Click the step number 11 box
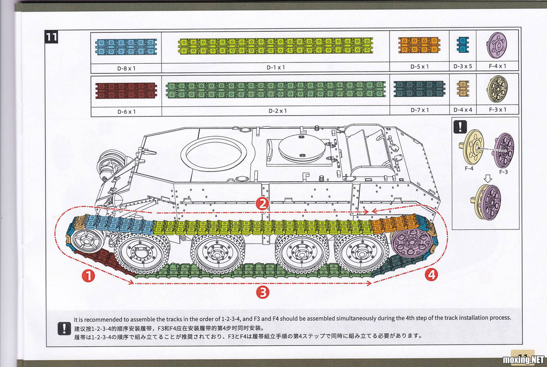point(51,37)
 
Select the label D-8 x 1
point(126,67)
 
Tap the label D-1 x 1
point(276,67)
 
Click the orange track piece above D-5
point(419,46)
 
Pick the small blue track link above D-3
point(462,45)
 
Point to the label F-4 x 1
point(497,66)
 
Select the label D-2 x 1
point(277,111)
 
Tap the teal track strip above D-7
point(419,89)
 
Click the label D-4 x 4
point(463,110)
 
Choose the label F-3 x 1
point(497,110)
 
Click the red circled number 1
point(88,276)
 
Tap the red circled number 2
point(262,204)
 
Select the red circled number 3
point(262,292)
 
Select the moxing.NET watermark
point(523,359)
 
